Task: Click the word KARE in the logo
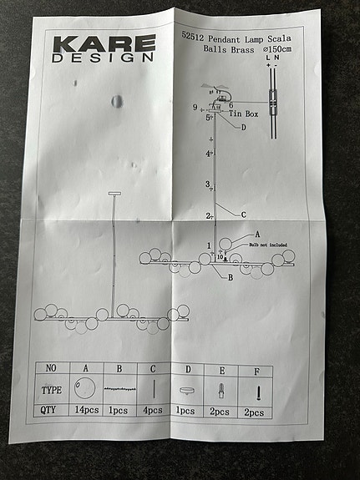(x=104, y=43)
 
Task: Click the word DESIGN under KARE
(x=104, y=58)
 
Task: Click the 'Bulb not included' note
(x=267, y=245)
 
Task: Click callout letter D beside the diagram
(x=243, y=128)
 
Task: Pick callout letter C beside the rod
(x=243, y=215)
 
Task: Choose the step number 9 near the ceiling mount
(x=195, y=108)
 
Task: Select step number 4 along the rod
(x=208, y=154)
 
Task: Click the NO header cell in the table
(x=52, y=368)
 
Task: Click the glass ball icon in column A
(x=85, y=388)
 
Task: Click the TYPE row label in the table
(x=53, y=389)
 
